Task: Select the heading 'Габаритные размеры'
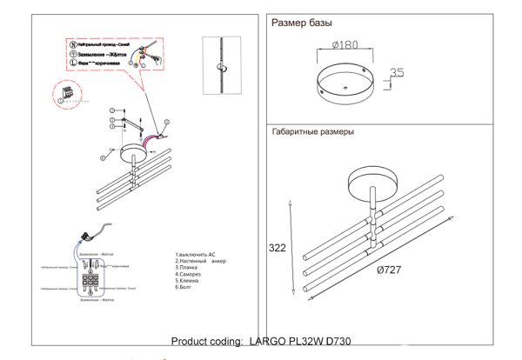pos(312,132)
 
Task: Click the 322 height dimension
pos(276,248)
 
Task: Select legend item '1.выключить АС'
pos(195,254)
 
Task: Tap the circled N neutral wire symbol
pos(71,43)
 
